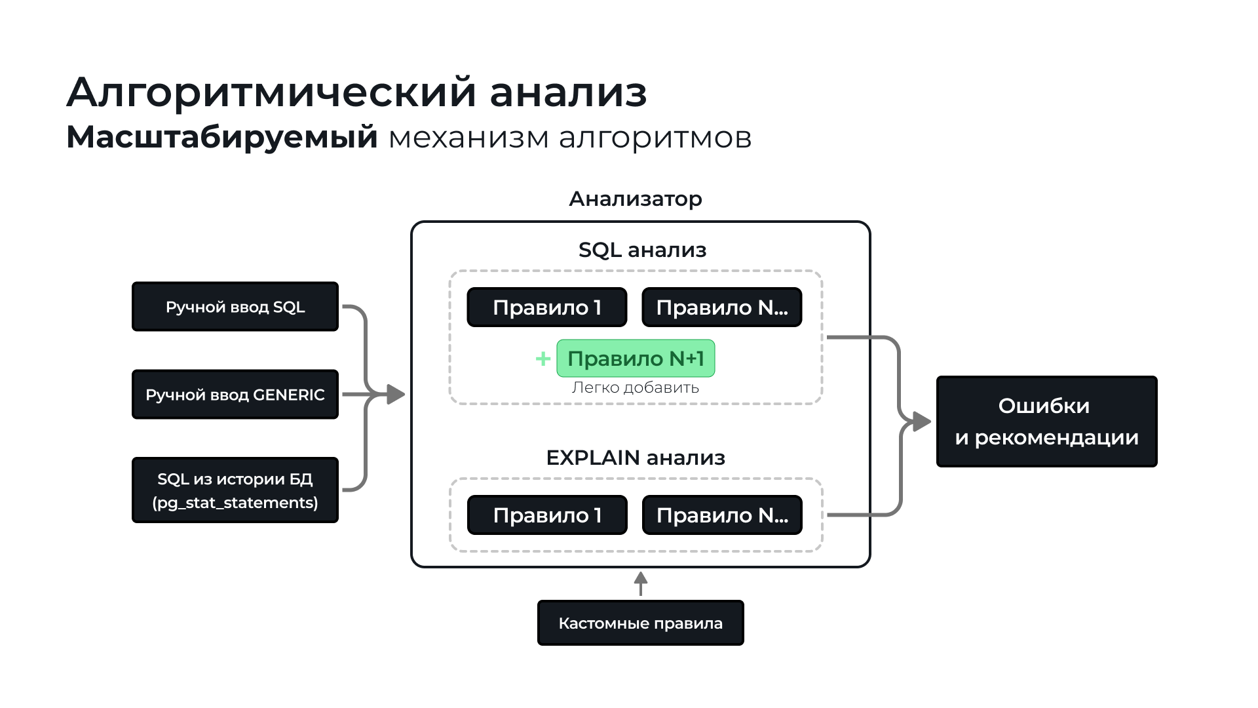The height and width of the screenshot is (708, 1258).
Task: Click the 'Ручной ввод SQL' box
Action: click(235, 307)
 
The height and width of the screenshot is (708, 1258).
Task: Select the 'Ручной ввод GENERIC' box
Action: click(235, 395)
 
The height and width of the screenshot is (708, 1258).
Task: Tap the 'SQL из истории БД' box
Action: click(235, 490)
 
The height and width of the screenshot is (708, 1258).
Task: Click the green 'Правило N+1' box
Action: click(636, 359)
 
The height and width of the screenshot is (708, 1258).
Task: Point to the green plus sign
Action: click(543, 359)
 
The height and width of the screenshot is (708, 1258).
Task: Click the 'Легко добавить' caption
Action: click(635, 387)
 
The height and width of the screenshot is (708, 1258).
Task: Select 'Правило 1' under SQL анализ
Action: click(547, 307)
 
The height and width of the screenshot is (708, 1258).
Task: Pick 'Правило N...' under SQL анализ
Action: click(722, 307)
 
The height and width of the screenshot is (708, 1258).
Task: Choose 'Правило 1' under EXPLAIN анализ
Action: click(547, 515)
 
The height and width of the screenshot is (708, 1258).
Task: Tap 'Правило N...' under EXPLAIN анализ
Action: click(722, 515)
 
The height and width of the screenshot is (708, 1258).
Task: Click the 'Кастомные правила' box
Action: click(640, 623)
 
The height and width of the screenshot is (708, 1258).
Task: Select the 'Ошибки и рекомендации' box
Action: click(1046, 422)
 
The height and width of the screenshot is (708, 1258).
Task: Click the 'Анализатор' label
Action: click(636, 199)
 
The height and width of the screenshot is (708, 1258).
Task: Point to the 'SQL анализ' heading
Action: click(642, 250)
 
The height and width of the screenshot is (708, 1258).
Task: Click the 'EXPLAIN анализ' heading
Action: click(636, 458)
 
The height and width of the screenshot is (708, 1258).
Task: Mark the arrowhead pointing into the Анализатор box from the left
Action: click(396, 394)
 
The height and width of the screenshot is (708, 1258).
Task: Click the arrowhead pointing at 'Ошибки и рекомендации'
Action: click(922, 422)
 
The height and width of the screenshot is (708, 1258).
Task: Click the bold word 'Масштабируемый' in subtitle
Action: click(222, 137)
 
